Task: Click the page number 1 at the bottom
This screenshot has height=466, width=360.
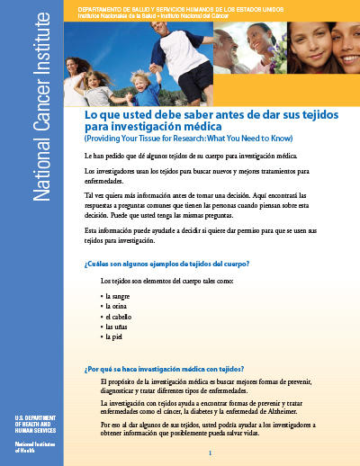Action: pyautogui.click(x=210, y=453)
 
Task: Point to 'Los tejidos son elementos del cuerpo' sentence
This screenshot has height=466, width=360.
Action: pyautogui.click(x=162, y=282)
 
